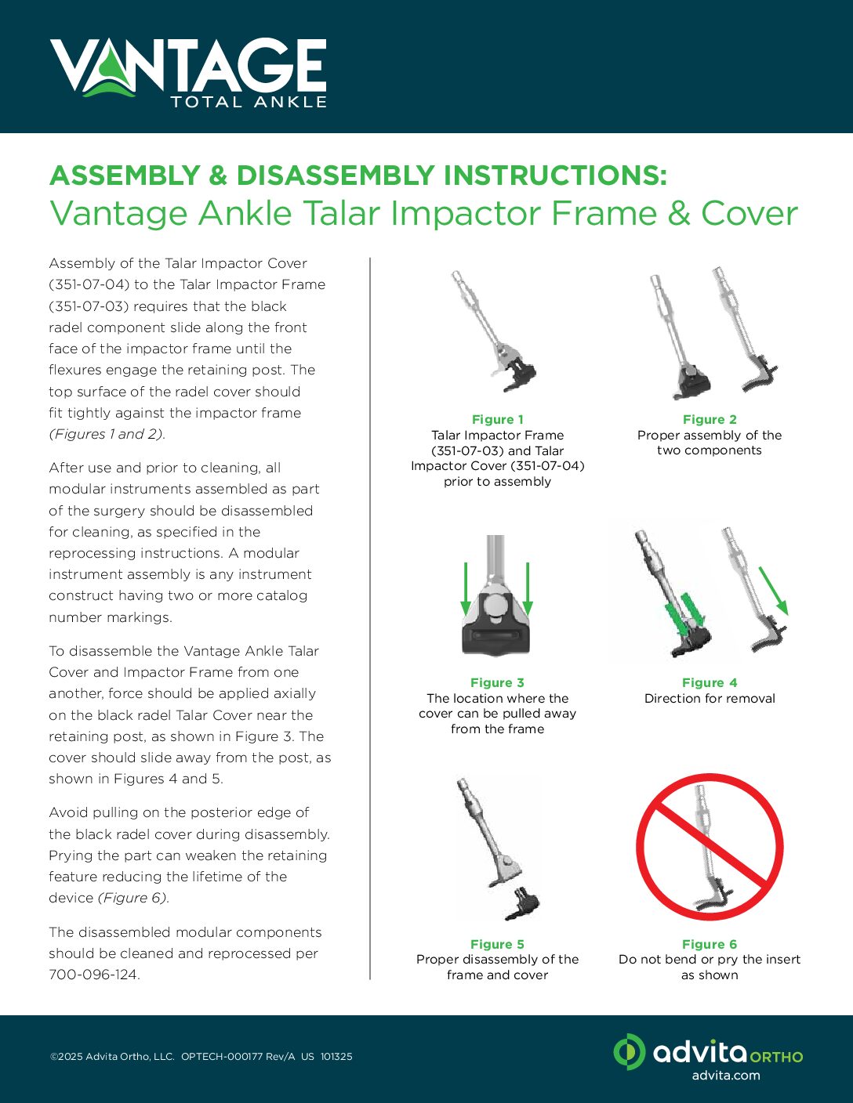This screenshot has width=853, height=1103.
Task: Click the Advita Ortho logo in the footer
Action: (x=707, y=1052)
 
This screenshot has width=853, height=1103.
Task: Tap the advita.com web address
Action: (x=725, y=1076)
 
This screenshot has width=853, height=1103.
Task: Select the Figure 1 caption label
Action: (x=497, y=420)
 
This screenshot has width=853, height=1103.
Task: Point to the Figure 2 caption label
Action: (x=709, y=420)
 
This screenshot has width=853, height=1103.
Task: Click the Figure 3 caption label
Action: (x=497, y=683)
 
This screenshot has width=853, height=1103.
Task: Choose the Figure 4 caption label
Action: (x=709, y=683)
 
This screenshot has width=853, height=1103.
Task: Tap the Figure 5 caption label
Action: (x=497, y=945)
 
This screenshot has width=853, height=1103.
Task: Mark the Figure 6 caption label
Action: (x=709, y=945)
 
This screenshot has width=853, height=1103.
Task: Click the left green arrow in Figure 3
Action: (x=466, y=588)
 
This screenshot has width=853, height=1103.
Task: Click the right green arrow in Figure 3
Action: (x=528, y=588)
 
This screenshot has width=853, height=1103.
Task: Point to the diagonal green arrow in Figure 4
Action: (x=773, y=590)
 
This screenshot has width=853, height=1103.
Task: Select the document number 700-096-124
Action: (x=94, y=975)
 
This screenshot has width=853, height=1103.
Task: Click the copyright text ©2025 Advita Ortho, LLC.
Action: (x=112, y=1057)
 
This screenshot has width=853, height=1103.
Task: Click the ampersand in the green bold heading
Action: (x=218, y=175)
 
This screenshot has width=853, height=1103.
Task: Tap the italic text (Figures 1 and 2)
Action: (x=107, y=435)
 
